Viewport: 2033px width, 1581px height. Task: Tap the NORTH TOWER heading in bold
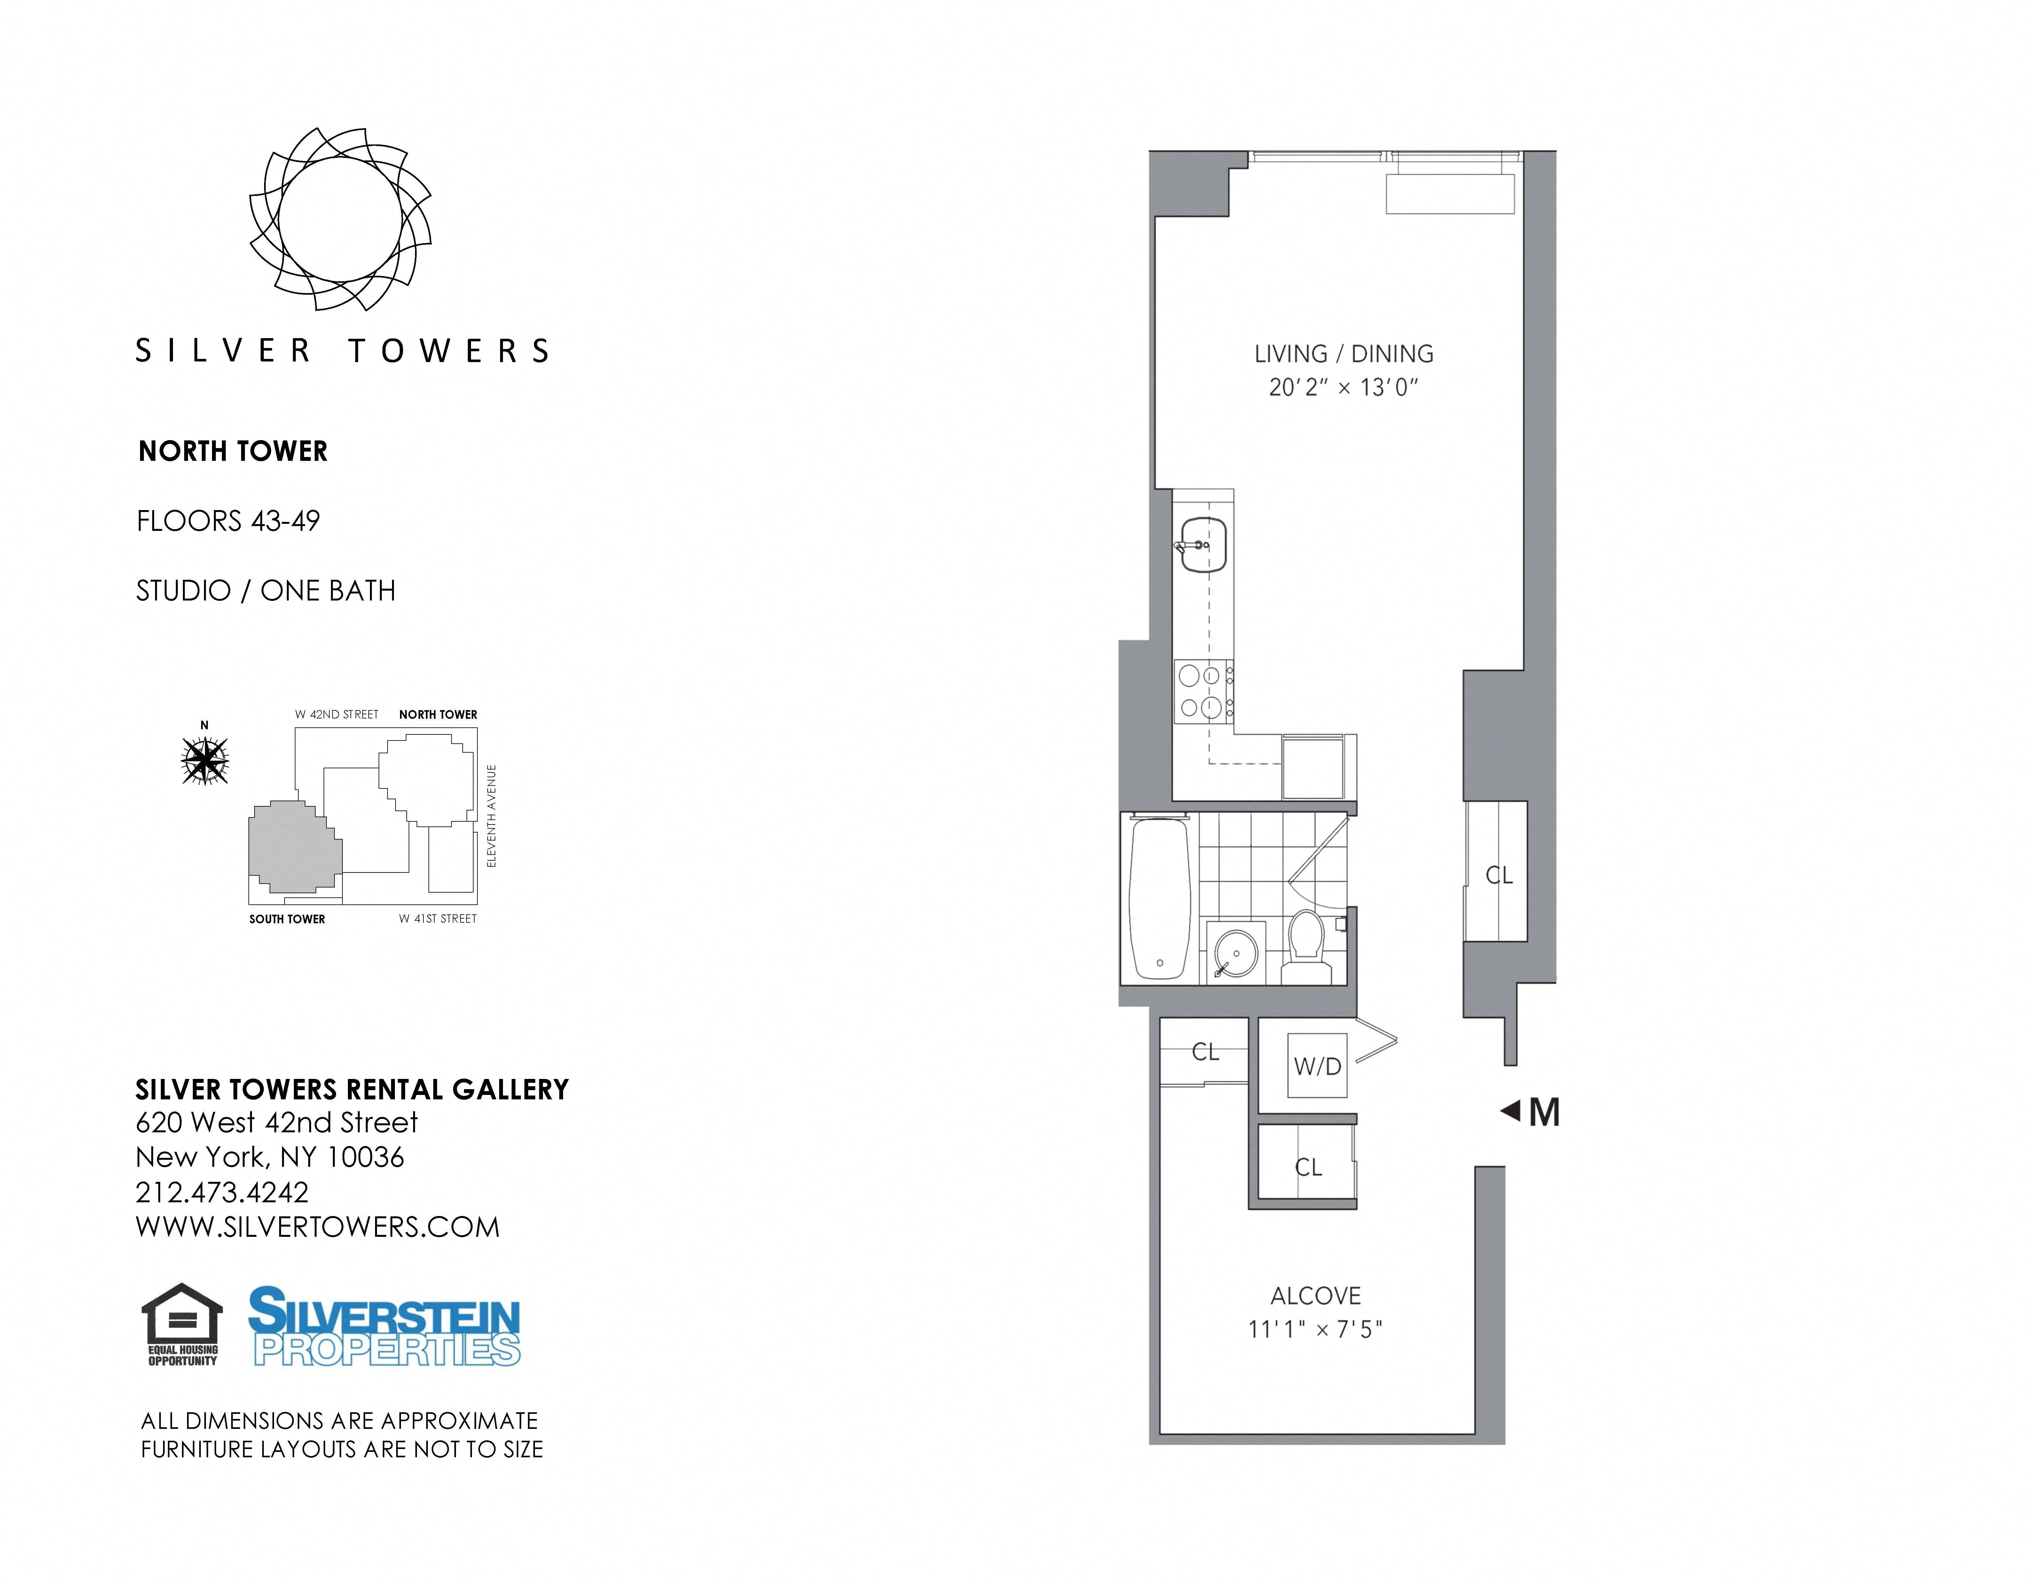tap(233, 451)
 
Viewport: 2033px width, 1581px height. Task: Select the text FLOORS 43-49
tap(228, 521)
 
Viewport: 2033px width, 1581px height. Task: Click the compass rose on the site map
tap(205, 760)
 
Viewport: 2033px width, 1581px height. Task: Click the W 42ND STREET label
tap(337, 715)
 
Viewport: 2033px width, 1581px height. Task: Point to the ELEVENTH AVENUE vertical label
tap(491, 816)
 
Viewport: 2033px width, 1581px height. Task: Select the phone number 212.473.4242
tap(222, 1192)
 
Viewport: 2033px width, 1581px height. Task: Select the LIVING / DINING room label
tap(1343, 353)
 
